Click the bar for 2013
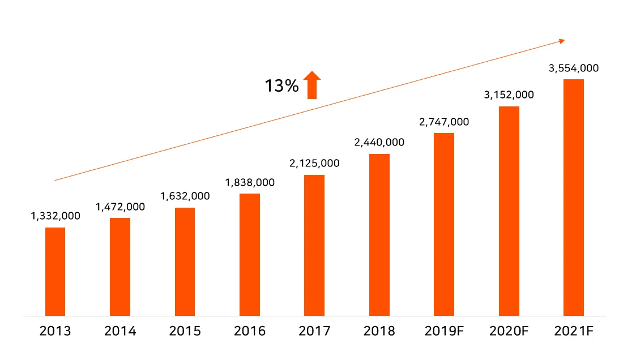55,271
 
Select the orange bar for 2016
250,254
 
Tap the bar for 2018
379,234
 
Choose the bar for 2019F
444,224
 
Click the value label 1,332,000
56,216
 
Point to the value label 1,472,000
120,207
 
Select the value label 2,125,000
314,164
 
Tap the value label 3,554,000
574,68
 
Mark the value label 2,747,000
444,122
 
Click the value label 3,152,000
509,95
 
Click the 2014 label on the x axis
120,331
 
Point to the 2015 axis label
185,331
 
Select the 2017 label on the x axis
314,331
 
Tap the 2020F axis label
509,331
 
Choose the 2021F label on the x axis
574,331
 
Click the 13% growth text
281,86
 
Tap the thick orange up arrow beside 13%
311,85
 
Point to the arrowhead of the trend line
562,40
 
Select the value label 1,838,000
250,182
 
